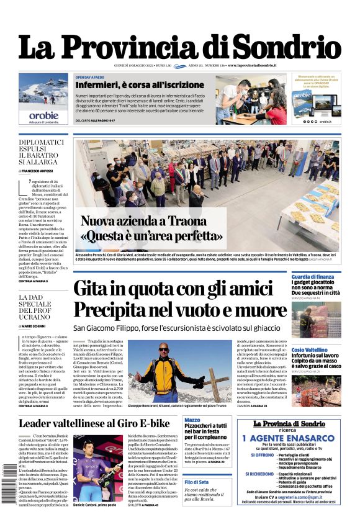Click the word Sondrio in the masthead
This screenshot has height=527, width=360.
(x=289, y=49)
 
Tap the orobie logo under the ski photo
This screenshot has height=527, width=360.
(x=43, y=115)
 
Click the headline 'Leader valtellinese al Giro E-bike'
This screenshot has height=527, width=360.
(x=94, y=423)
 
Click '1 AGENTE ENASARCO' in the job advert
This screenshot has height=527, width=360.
(x=296, y=438)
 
